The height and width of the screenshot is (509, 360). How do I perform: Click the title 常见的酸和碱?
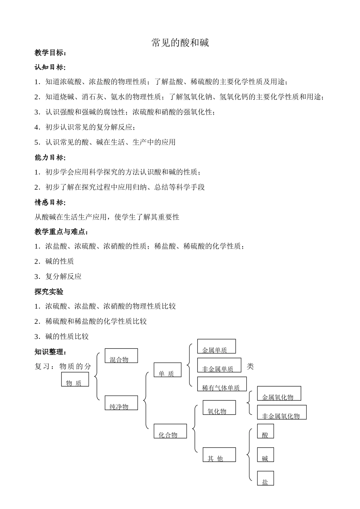click(x=180, y=43)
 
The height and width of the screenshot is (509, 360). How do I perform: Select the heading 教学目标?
click(x=50, y=53)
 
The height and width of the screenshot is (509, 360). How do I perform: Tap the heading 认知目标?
click(x=50, y=67)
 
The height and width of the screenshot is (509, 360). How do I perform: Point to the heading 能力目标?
click(x=50, y=158)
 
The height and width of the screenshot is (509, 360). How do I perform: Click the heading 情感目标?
click(x=50, y=202)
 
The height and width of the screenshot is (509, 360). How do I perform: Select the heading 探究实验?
click(x=49, y=292)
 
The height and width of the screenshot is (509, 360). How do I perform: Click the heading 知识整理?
click(x=50, y=352)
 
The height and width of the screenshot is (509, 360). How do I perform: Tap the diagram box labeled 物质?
click(x=75, y=379)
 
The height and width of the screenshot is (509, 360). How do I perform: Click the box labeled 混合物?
click(x=121, y=356)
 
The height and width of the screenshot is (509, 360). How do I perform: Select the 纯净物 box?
click(x=121, y=403)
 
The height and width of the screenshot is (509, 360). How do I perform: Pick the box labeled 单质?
click(x=167, y=370)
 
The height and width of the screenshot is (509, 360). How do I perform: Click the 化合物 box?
click(x=170, y=431)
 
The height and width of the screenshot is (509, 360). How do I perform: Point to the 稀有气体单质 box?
click(x=222, y=384)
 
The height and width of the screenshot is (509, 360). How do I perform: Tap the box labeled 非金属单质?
click(x=219, y=365)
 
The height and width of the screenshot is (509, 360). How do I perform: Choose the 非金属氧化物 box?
click(x=282, y=412)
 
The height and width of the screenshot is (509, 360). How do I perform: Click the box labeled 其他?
click(x=219, y=455)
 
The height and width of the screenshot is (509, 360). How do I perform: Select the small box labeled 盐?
click(x=265, y=478)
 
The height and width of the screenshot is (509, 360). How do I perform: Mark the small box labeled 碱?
click(x=265, y=455)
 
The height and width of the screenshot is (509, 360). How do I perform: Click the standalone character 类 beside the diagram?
click(x=250, y=366)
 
